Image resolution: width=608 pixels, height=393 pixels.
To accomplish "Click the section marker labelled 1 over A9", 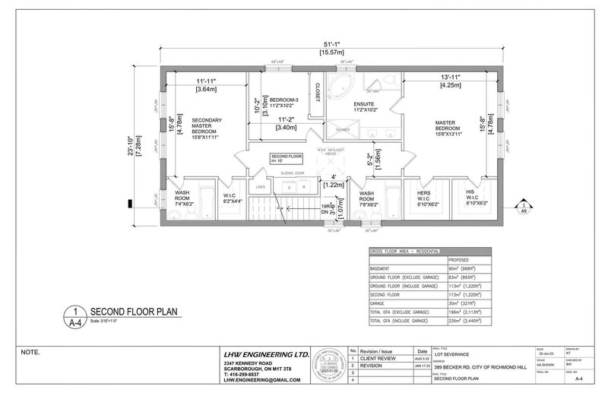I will [x=524, y=206].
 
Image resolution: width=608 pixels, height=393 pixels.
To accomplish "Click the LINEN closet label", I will [x=261, y=186].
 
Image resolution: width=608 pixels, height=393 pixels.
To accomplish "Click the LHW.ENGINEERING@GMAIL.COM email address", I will [x=251, y=382].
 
